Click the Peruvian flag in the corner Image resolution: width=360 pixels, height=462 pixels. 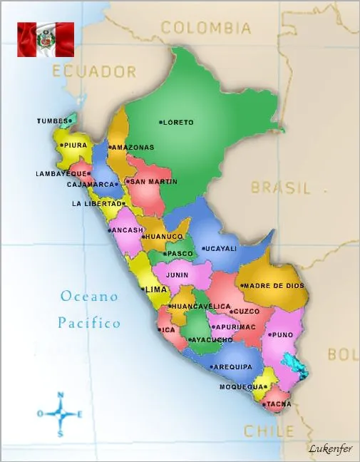46,39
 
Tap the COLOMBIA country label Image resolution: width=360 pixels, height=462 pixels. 205,28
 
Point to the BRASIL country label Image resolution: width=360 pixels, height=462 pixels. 281,188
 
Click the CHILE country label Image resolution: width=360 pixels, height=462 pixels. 269,431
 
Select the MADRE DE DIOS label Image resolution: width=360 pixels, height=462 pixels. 275,286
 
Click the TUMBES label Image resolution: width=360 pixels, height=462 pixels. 51,121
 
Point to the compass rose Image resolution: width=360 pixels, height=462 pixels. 61,414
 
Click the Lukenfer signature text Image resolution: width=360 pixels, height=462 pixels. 330,448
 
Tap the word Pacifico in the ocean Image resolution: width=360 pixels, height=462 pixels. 89,323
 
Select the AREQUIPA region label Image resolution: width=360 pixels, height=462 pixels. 233,366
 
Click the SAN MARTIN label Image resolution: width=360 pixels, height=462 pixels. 153,182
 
